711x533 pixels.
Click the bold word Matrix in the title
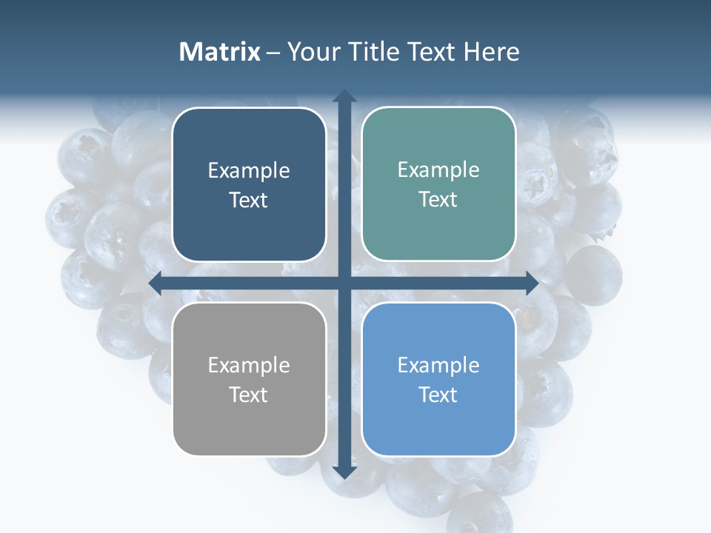(219, 52)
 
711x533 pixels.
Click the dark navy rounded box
(249, 185)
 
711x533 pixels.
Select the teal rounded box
(438, 184)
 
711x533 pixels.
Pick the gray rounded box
(249, 379)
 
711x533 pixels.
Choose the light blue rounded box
(438, 379)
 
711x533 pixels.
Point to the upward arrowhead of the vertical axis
(344, 96)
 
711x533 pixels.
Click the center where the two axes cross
(344, 283)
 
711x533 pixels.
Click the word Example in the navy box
(249, 171)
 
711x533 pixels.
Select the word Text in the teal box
(438, 200)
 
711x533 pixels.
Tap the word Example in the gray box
(249, 365)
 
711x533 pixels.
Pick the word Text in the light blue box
(438, 395)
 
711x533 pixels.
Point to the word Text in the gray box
(249, 395)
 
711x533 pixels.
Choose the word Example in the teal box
(438, 170)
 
